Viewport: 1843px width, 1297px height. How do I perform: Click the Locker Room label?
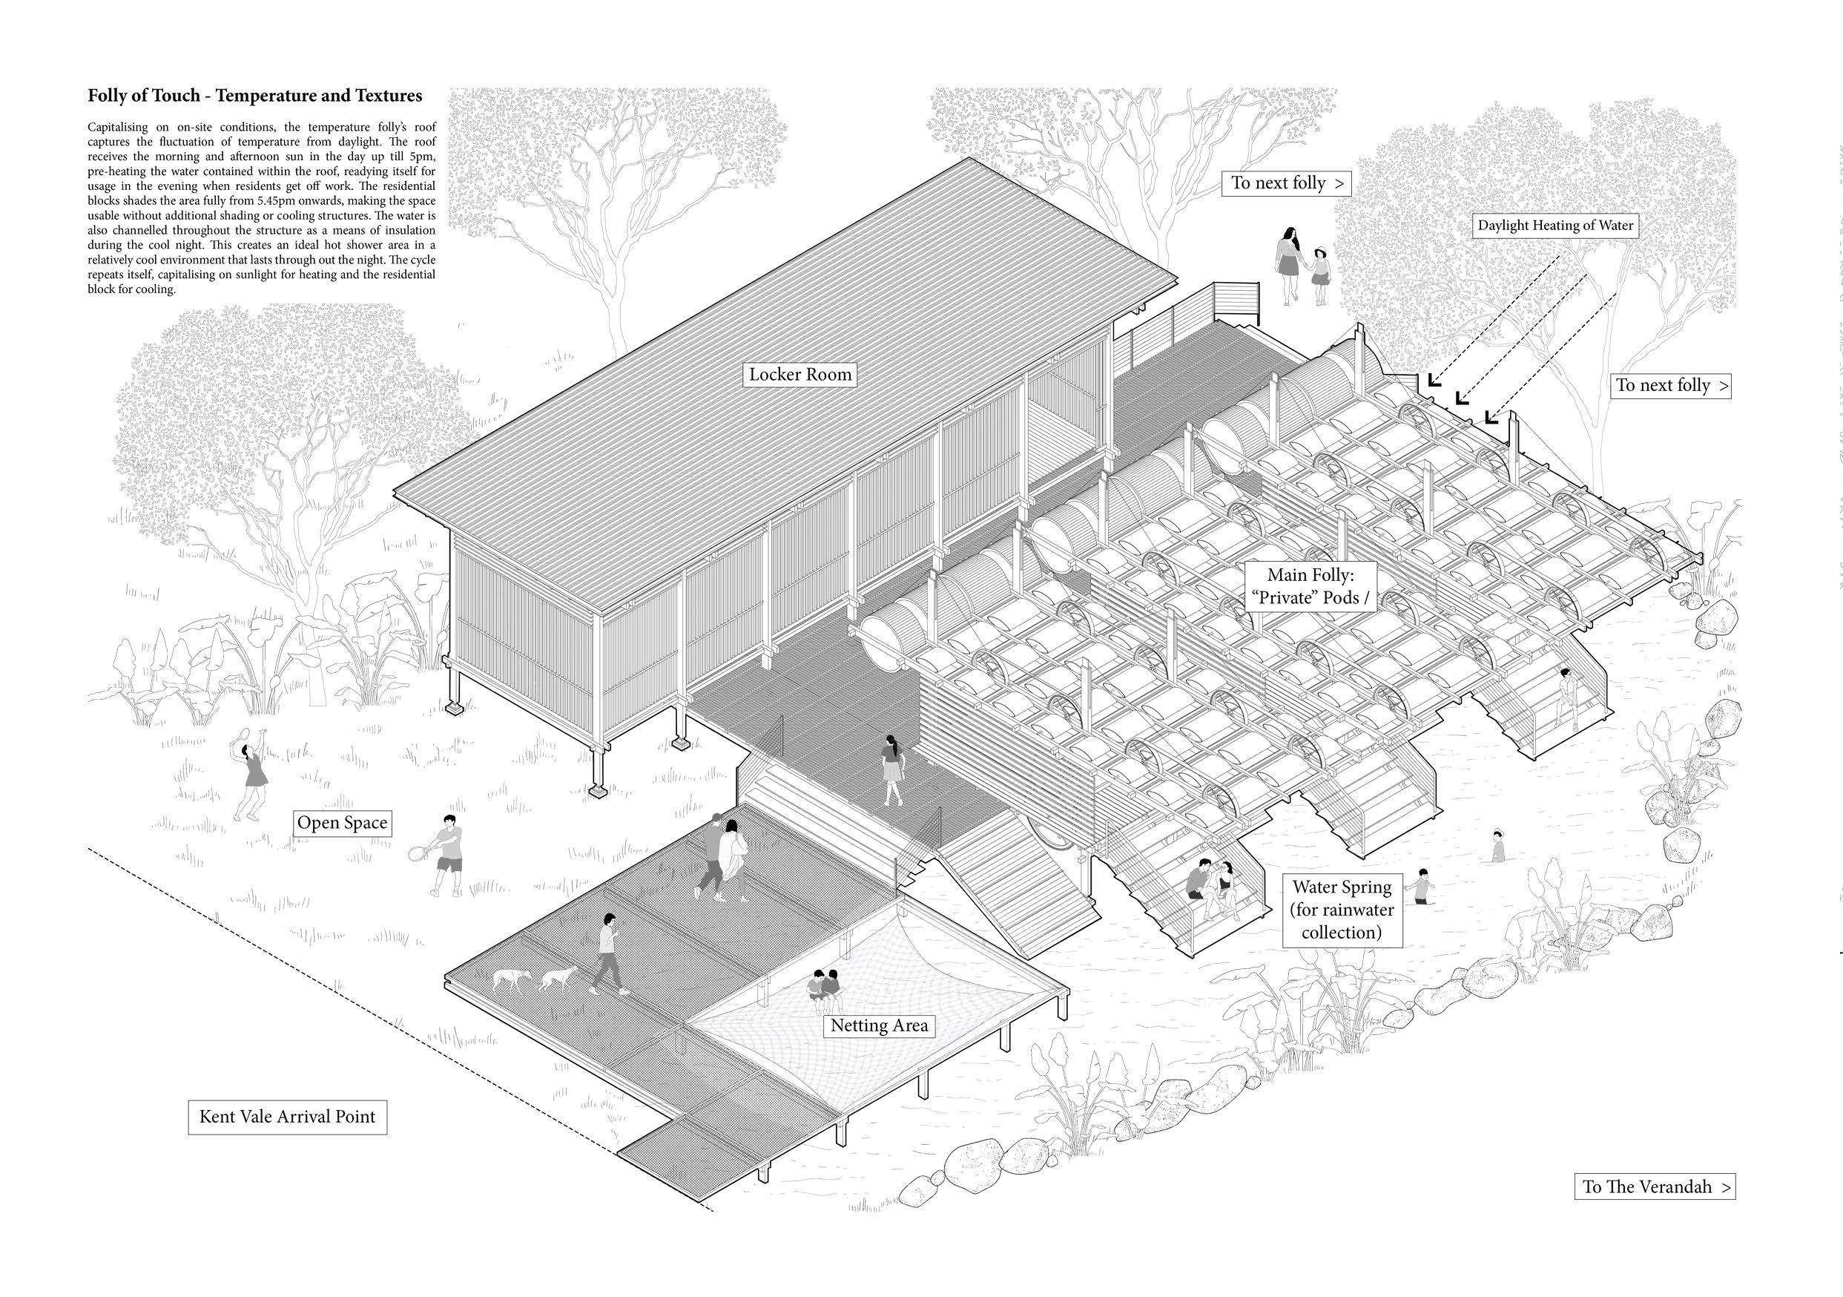point(799,374)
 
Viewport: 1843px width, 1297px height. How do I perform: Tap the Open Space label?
point(342,822)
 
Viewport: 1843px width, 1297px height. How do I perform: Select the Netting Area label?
point(878,1025)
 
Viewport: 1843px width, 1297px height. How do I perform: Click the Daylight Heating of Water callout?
point(1554,226)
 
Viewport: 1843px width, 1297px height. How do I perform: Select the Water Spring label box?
point(1342,909)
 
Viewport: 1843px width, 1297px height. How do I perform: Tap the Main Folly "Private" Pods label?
point(1310,586)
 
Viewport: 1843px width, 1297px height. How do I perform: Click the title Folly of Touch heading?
point(255,96)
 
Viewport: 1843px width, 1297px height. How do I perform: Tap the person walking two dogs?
point(608,954)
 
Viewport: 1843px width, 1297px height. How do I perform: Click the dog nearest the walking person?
point(558,978)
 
